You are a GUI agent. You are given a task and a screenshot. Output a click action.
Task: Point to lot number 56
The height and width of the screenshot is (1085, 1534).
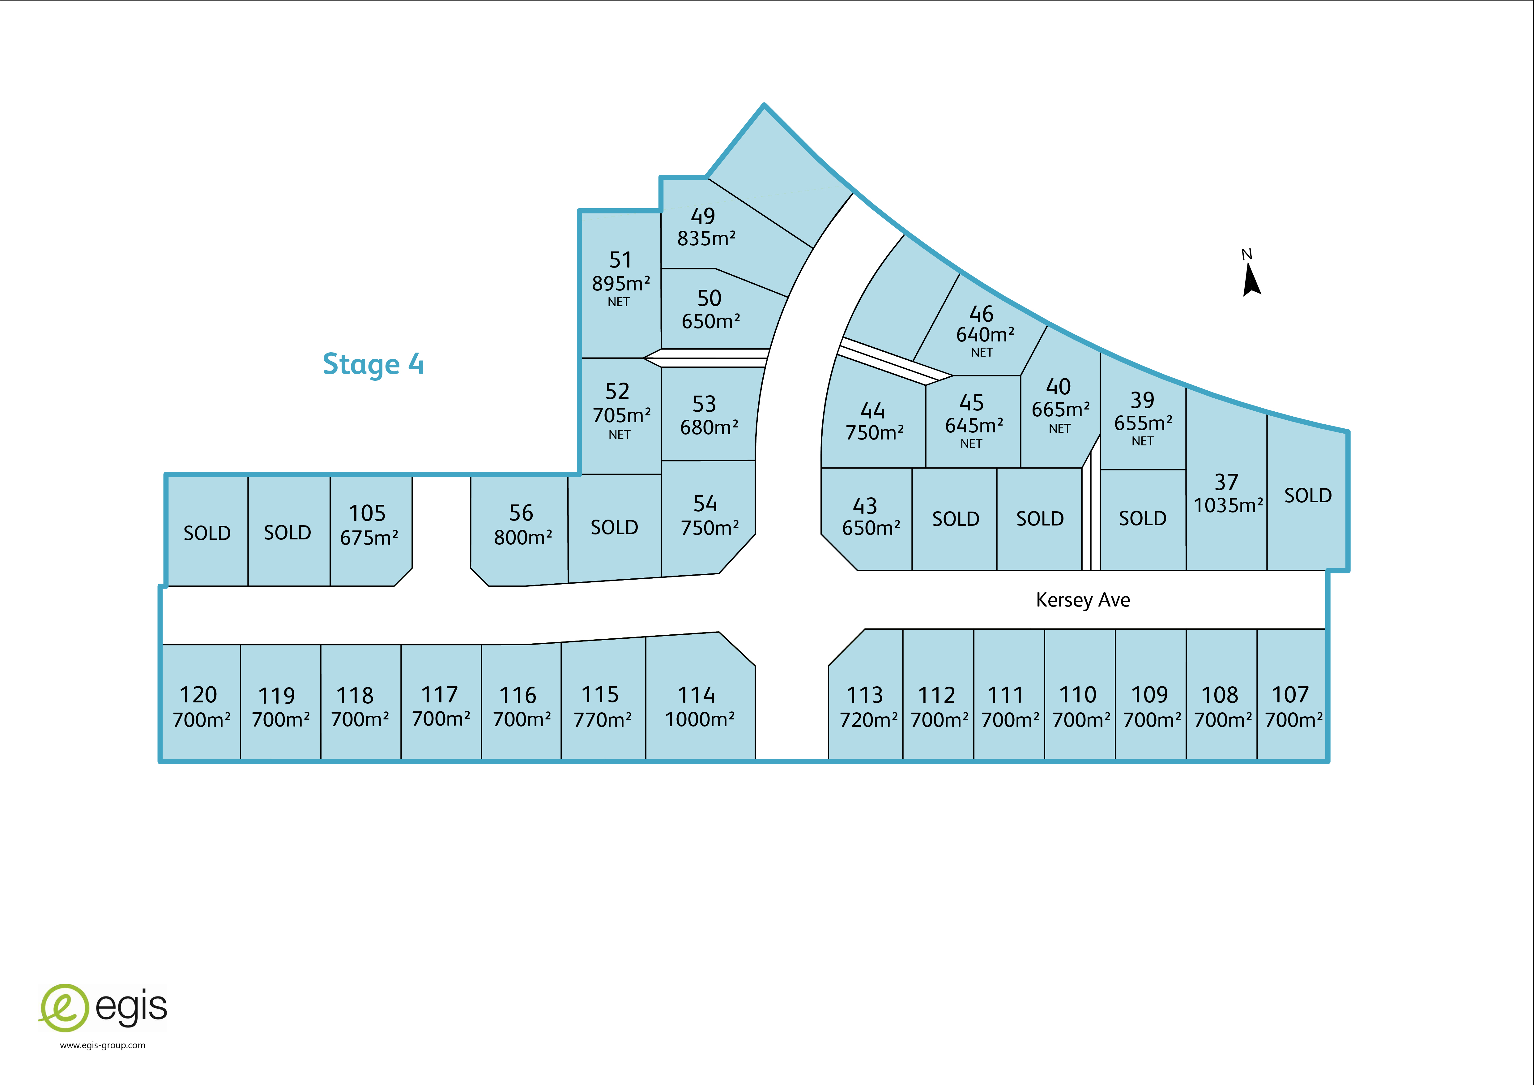(521, 513)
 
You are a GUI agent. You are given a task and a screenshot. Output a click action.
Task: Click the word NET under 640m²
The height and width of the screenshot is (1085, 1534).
(982, 352)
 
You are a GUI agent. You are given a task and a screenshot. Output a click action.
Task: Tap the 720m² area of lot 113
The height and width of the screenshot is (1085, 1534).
(868, 720)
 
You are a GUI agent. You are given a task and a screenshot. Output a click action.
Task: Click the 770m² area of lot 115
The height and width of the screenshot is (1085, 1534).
(603, 720)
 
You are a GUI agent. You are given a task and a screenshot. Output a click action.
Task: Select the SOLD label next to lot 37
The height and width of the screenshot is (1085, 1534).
(1307, 495)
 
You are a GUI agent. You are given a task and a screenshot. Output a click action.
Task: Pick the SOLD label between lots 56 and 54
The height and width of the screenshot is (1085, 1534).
(614, 527)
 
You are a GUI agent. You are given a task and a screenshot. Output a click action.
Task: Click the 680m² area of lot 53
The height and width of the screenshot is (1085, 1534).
(709, 427)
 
